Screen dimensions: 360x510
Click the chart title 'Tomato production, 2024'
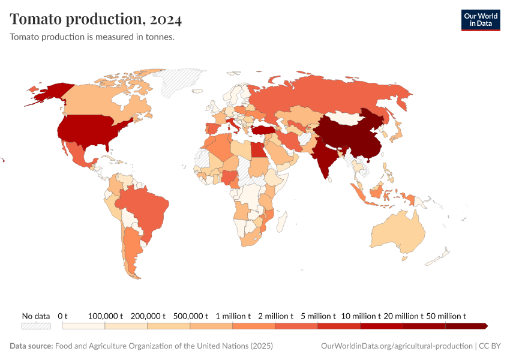[x=96, y=19]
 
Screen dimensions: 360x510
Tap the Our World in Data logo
[x=480, y=20]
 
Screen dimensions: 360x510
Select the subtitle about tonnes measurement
[x=92, y=37]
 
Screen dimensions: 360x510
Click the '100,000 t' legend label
[x=106, y=316]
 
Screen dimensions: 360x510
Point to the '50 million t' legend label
[x=446, y=316]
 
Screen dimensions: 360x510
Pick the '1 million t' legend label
[x=233, y=316]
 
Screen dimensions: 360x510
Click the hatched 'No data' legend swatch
[x=36, y=326]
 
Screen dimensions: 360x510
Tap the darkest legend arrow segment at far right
[x=467, y=326]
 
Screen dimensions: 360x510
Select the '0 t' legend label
[x=63, y=316]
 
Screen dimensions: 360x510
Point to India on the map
[x=324, y=156]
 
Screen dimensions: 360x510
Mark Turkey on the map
[x=263, y=130]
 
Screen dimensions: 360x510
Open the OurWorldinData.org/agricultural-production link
[x=397, y=346]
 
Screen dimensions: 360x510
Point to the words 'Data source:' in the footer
[x=31, y=346]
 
